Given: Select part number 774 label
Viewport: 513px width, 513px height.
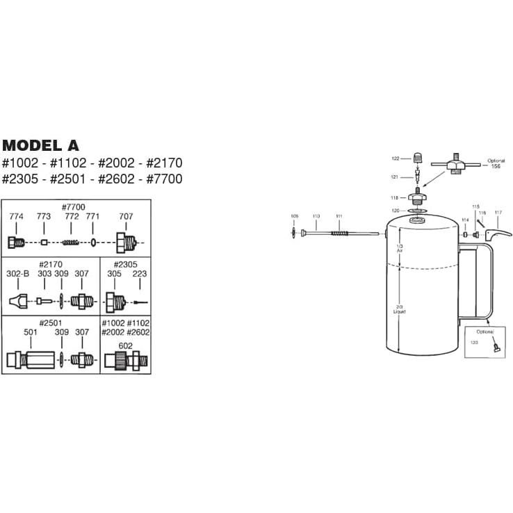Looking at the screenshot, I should (16, 217).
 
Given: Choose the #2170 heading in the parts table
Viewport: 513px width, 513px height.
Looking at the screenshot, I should (51, 263).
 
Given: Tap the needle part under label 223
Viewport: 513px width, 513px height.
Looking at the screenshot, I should (140, 302).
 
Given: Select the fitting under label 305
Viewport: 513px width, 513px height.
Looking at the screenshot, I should (115, 302).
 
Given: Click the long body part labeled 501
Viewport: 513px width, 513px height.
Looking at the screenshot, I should (31, 361).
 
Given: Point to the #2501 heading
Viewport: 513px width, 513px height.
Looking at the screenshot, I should (51, 323).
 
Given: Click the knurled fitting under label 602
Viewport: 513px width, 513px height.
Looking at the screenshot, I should (124, 361).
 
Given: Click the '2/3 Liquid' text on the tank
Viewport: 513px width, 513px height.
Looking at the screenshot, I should (399, 309).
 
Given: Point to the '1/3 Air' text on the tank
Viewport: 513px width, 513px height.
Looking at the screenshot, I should (399, 249).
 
